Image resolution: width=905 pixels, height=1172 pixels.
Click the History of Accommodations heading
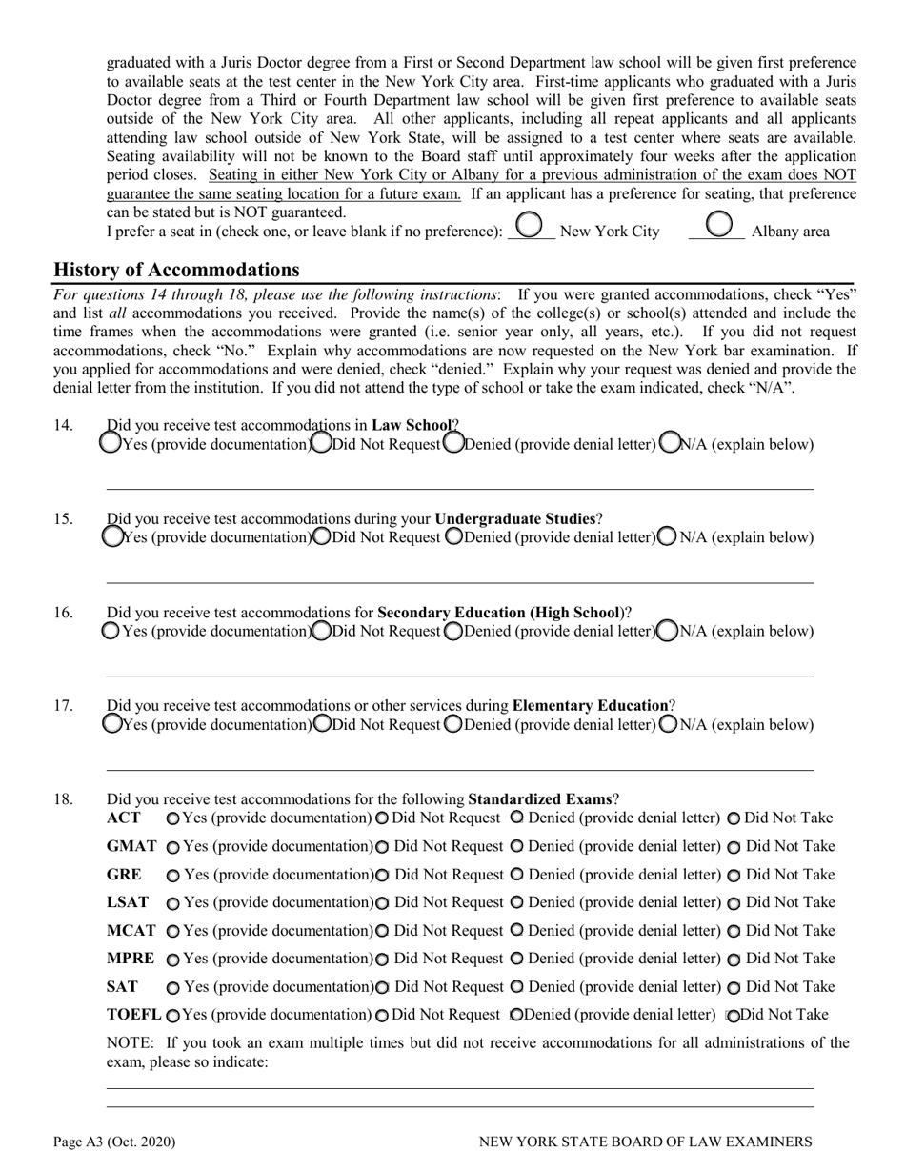point(176,270)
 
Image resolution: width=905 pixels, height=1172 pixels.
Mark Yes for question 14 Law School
point(111,443)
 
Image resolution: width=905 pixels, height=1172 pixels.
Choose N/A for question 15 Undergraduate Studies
point(668,536)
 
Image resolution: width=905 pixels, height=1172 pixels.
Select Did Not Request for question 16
point(322,630)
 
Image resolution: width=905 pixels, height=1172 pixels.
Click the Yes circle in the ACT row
point(172,818)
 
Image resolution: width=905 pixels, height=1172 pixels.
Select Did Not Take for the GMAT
point(734,847)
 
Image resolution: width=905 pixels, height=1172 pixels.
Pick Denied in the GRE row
point(517,874)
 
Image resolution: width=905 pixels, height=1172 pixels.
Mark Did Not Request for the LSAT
point(382,903)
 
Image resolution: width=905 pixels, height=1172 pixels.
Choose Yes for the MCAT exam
point(172,931)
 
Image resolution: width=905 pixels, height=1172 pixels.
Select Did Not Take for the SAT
point(734,987)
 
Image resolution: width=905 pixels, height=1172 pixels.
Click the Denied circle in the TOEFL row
point(516,1015)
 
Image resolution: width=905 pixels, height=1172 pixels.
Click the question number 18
point(63,799)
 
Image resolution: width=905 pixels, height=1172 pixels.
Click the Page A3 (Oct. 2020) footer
point(114,1142)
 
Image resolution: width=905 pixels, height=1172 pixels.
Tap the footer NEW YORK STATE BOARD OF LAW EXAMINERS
point(645,1142)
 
